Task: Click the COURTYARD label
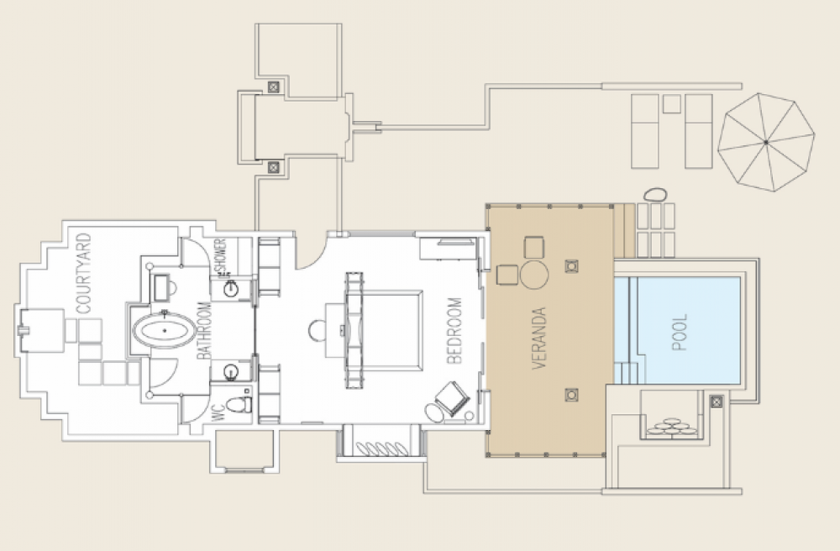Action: click(85, 273)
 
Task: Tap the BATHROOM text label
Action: click(204, 330)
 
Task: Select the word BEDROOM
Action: click(454, 331)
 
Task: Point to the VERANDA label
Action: click(539, 338)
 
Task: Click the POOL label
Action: click(680, 333)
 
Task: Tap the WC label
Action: click(218, 413)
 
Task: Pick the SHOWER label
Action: click(221, 256)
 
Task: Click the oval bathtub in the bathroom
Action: click(164, 330)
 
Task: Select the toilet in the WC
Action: click(239, 404)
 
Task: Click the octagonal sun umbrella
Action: click(766, 142)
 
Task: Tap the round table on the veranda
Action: click(534, 275)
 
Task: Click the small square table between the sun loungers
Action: click(672, 103)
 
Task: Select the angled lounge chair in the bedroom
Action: click(453, 398)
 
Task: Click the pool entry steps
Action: click(626, 373)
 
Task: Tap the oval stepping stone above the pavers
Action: click(654, 194)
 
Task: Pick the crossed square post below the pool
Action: click(717, 401)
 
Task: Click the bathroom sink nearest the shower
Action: click(231, 289)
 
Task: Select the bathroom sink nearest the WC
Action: click(231, 371)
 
